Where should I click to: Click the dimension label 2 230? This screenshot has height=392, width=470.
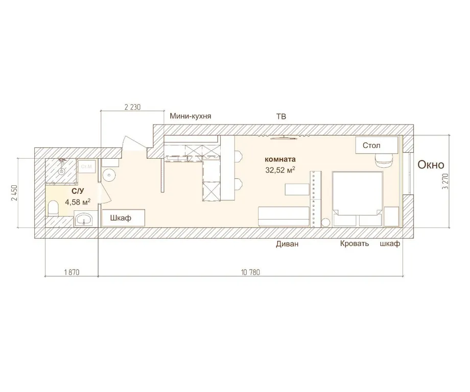[132, 107]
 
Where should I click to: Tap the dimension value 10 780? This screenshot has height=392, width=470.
[250, 272]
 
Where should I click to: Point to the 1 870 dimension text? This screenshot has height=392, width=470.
[72, 272]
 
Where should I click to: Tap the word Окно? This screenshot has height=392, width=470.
[431, 165]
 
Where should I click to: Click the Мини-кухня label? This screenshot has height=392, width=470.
[191, 116]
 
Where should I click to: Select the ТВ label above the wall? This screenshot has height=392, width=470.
[281, 116]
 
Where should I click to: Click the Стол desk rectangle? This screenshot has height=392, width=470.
[377, 145]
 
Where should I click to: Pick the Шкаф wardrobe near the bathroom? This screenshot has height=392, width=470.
[124, 218]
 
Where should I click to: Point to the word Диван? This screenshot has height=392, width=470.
[287, 244]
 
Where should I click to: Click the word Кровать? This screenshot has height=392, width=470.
[355, 243]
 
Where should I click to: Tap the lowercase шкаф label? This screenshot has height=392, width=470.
[390, 243]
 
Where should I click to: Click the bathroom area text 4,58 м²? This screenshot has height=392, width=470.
[78, 202]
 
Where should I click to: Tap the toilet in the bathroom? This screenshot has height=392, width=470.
[53, 207]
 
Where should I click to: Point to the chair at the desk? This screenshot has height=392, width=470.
[384, 160]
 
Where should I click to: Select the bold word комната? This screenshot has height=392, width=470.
[279, 159]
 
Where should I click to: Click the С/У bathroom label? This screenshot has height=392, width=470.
[77, 191]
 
